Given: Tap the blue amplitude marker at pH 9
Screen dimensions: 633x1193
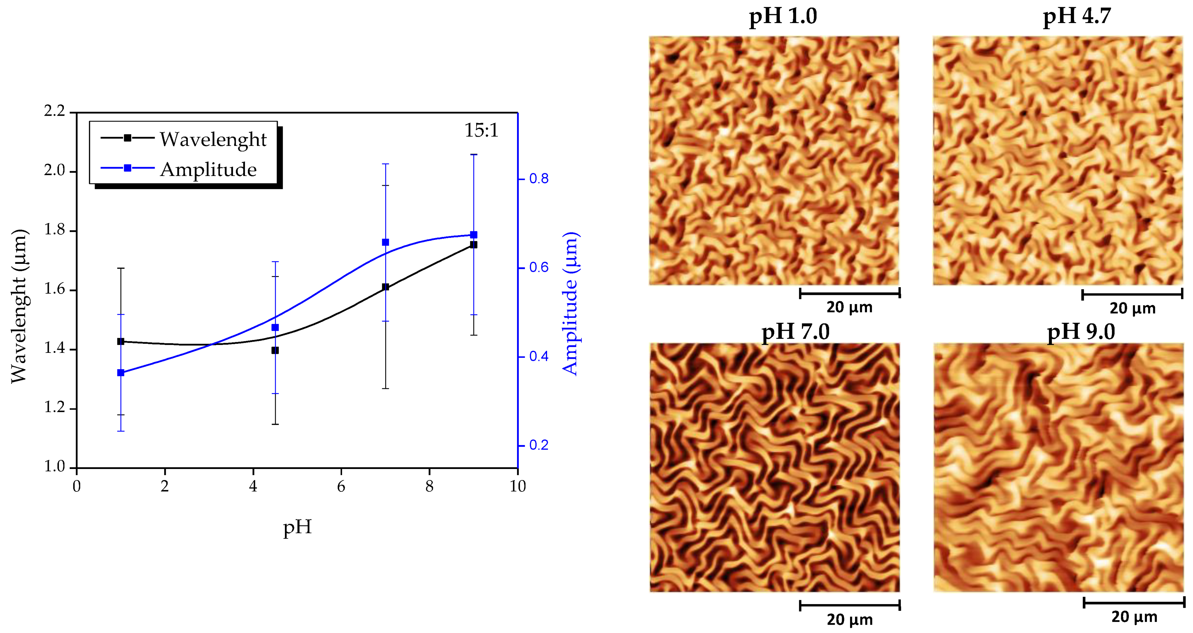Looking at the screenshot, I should click(473, 235).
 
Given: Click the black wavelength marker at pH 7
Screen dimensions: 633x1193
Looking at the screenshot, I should click(385, 287).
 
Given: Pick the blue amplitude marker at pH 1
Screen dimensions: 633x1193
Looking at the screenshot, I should click(121, 373).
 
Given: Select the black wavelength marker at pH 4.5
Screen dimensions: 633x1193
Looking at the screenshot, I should click(275, 350).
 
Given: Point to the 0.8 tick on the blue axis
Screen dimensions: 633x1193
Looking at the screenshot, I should click(538, 179).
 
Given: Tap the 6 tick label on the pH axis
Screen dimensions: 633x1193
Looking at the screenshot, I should click(341, 486).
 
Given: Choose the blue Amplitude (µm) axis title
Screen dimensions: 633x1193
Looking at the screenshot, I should click(571, 303).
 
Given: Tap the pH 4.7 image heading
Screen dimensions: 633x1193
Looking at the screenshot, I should click(1077, 17).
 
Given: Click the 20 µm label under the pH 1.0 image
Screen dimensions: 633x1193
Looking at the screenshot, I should click(849, 307).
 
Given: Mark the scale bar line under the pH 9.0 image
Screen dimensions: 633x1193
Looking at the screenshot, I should click(1134, 603).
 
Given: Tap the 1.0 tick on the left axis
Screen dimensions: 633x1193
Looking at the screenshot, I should click(55, 467).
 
